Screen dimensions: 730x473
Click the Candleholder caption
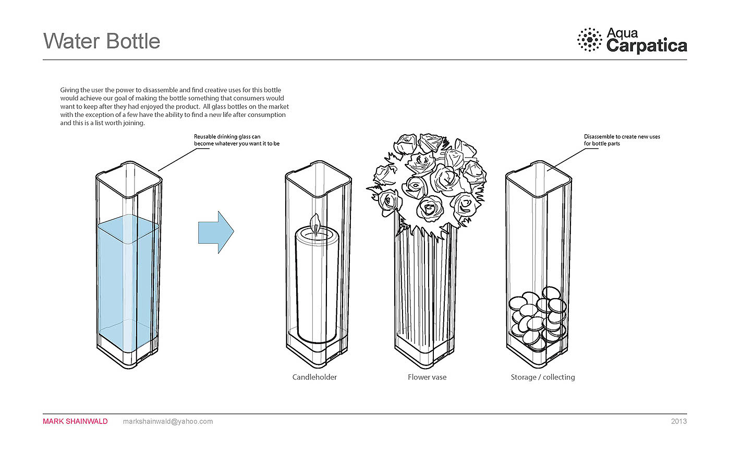tap(314, 377)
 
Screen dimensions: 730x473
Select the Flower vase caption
tap(427, 377)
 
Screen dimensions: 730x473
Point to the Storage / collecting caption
tap(543, 377)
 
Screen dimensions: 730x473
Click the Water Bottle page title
tap(102, 41)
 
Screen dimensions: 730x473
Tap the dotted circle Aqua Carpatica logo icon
tap(590, 40)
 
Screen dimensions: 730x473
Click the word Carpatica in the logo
tap(647, 46)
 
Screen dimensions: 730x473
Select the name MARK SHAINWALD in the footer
tap(75, 421)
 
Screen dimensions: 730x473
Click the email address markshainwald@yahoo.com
tap(168, 421)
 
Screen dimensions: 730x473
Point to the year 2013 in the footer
tap(679, 421)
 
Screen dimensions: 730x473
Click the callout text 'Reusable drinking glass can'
tap(227, 137)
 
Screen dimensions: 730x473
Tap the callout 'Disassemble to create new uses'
tap(622, 137)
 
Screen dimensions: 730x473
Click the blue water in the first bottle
tap(128, 277)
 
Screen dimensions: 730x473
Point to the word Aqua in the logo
tap(622, 33)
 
